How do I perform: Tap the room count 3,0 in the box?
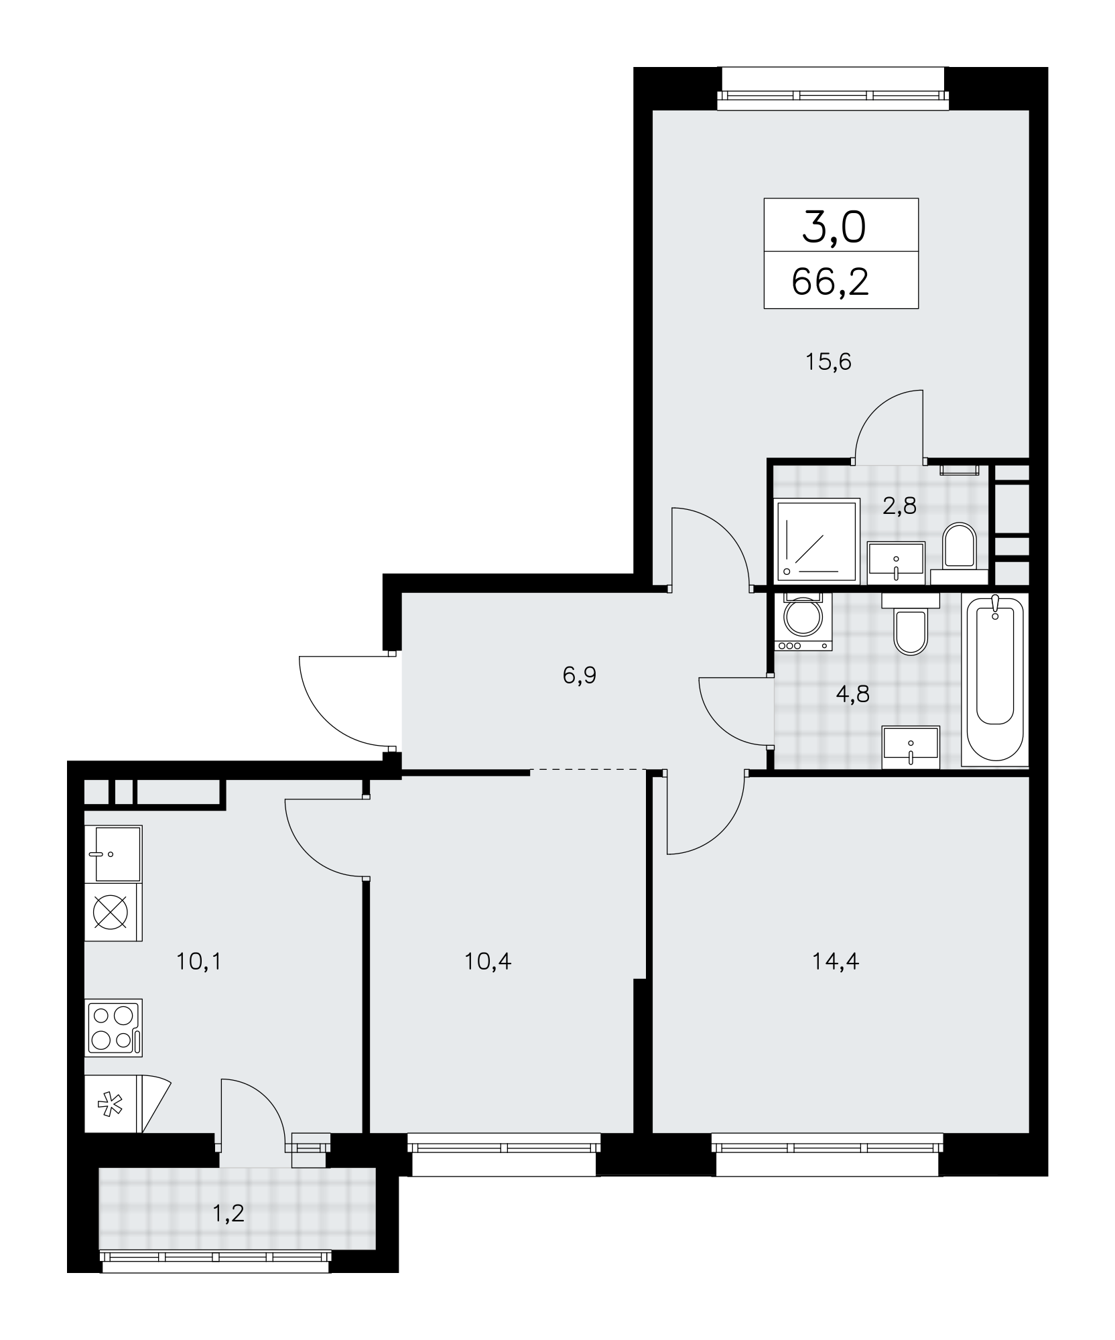pos(834,228)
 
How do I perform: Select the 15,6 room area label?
pos(829,362)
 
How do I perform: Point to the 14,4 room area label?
pos(836,962)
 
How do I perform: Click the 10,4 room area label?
pos(488,962)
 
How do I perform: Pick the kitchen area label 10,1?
pos(198,962)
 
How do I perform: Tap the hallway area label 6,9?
pos(580,675)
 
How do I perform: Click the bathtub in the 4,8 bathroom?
pos(994,680)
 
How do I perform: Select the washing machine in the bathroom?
pos(803,622)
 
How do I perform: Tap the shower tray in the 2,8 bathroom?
pos(817,541)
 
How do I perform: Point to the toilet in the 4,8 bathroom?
pos(911,624)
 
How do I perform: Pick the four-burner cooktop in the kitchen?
pos(113,1028)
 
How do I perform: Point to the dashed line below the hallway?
pos(588,769)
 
